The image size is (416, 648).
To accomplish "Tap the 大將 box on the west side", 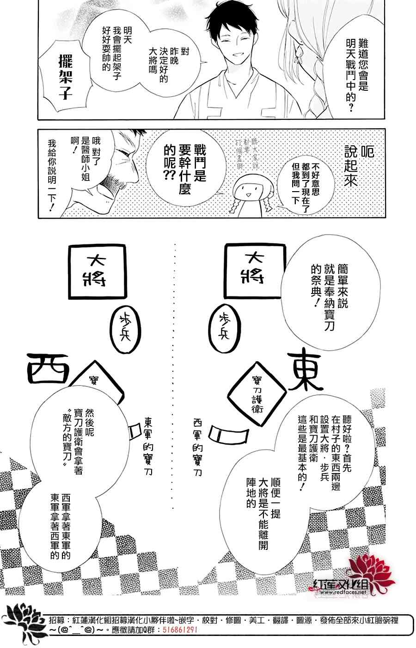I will coord(98,270).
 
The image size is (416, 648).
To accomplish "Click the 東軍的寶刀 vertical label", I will coord(148,444).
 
